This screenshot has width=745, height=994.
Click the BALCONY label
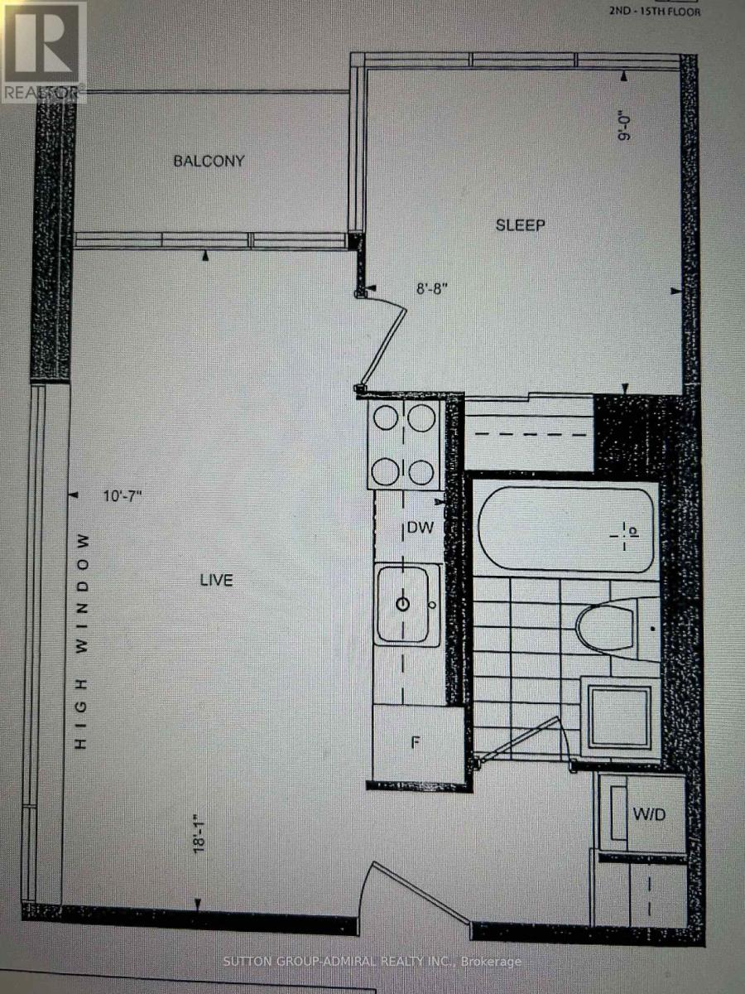[x=209, y=161]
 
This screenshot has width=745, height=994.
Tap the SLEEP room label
[x=520, y=225]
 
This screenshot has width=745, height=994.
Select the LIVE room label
[x=216, y=580]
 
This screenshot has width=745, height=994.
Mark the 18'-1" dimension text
[x=198, y=838]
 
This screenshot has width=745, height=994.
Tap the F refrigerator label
[x=417, y=741]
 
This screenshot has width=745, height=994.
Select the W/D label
[x=649, y=815]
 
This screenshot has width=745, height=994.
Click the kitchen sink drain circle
[x=402, y=604]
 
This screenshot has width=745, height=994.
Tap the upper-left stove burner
[x=386, y=419]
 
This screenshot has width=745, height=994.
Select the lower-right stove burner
[x=422, y=473]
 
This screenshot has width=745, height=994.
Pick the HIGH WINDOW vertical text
[x=81, y=642]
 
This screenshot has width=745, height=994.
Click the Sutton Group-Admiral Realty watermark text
[x=373, y=962]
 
